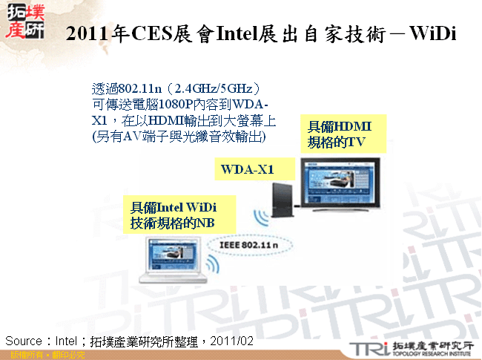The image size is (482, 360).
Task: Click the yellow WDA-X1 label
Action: click(248, 170)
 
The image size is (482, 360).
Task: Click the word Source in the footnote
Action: click(23, 340)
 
